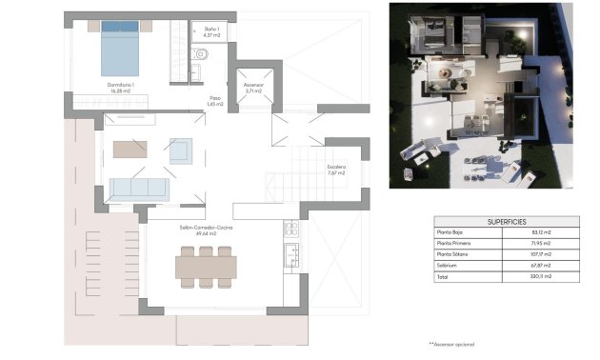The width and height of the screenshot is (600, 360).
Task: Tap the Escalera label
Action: point(336,170)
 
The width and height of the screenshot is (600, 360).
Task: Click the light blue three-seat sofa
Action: point(139,187)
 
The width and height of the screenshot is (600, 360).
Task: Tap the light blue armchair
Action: point(180,149)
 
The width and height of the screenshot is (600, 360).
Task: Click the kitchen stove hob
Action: point(290,229)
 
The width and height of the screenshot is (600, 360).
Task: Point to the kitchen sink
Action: point(291,254)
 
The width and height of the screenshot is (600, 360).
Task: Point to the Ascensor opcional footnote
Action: point(451,343)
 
